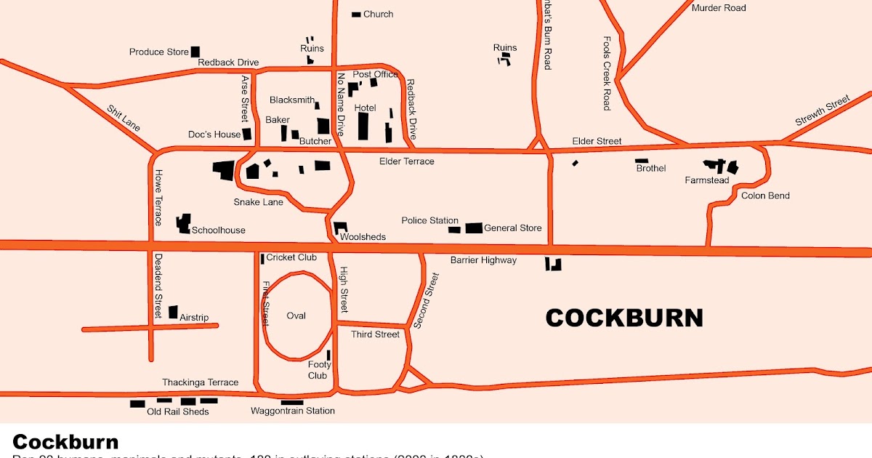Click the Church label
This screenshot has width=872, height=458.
pyautogui.click(x=378, y=14)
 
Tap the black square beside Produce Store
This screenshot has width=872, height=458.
pyautogui.click(x=195, y=52)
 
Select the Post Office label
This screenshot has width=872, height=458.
pyautogui.click(x=375, y=74)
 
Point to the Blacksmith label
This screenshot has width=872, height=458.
pyautogui.click(x=292, y=100)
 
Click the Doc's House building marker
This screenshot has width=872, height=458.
pyautogui.click(x=247, y=134)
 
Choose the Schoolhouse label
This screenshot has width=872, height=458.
pyautogui.click(x=218, y=230)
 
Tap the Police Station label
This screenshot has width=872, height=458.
pyautogui.click(x=429, y=220)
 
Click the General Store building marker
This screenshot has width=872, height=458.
pyautogui.click(x=474, y=228)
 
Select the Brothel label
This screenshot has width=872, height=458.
pyautogui.click(x=650, y=169)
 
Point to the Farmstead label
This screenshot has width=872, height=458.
pyautogui.click(x=706, y=180)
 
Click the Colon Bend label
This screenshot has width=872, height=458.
pyautogui.click(x=765, y=196)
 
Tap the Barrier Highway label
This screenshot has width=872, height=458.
pyautogui.click(x=483, y=260)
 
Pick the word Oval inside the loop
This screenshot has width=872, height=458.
pyautogui.click(x=296, y=316)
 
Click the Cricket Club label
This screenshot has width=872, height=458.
pyautogui.click(x=291, y=257)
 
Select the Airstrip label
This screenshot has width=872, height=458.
pyautogui.click(x=194, y=318)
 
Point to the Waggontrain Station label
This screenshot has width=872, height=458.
pyautogui.click(x=293, y=411)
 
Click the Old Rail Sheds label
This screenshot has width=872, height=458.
pyautogui.click(x=177, y=411)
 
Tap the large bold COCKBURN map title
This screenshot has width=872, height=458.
pyautogui.click(x=623, y=318)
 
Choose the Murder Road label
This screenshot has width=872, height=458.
pyautogui.click(x=718, y=8)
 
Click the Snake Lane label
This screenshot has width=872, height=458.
pyautogui.click(x=258, y=202)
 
